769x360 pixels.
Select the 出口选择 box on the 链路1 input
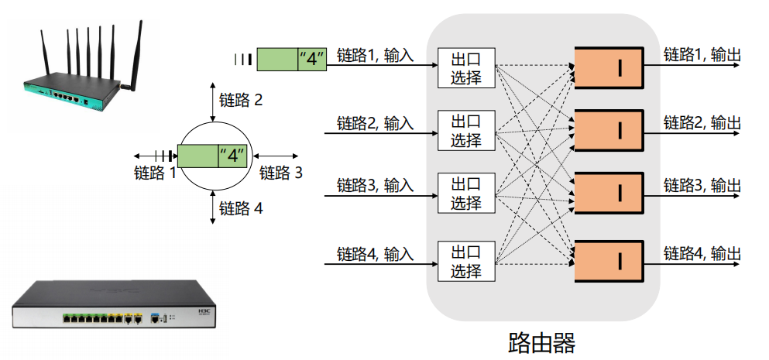(x=465, y=68)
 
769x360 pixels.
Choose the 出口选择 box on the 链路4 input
(x=465, y=262)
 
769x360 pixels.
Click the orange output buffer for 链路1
(x=609, y=68)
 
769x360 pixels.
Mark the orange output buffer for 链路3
(x=609, y=193)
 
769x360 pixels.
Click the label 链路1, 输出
(x=702, y=55)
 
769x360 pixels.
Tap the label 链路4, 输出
(x=702, y=253)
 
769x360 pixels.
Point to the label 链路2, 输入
(x=375, y=122)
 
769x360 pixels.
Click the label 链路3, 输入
(x=375, y=185)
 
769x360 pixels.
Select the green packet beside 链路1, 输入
(x=292, y=59)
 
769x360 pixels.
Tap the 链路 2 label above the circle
(x=241, y=100)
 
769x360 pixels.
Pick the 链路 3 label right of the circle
(x=281, y=173)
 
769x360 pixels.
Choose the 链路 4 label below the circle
(x=241, y=208)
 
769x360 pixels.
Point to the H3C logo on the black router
(x=204, y=312)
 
